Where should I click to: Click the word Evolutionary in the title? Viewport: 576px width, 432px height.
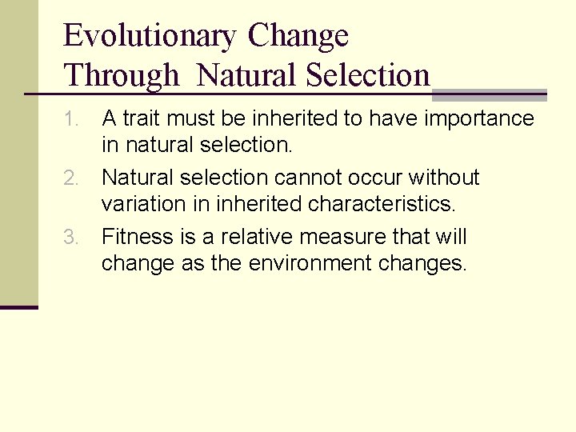click(x=150, y=37)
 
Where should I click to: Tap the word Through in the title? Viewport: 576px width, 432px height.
click(x=122, y=76)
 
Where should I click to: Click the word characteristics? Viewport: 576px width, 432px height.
click(x=382, y=204)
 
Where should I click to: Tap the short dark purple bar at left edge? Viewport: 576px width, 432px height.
click(x=18, y=307)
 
